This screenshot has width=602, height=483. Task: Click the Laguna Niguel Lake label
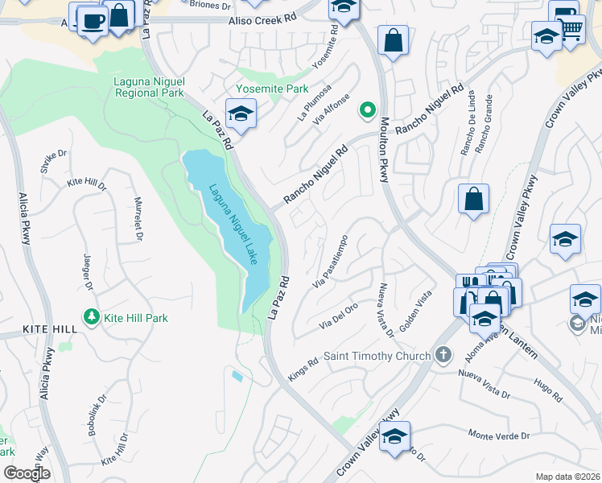click(x=233, y=225)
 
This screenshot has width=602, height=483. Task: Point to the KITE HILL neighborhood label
click(x=39, y=330)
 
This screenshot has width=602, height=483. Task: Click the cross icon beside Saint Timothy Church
click(x=442, y=355)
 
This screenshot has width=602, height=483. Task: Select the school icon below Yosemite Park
click(x=240, y=114)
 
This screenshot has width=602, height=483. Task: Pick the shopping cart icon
click(x=571, y=30)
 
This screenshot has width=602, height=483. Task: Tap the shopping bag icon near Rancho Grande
click(x=473, y=198)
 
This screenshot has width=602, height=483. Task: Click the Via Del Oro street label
click(x=339, y=316)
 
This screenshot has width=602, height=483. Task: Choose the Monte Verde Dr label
click(x=499, y=436)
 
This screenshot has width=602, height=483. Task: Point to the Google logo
click(x=26, y=473)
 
